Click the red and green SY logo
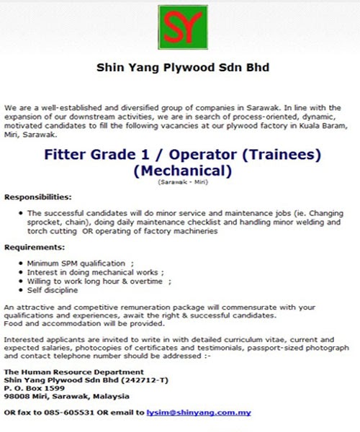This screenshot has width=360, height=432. point(183,27)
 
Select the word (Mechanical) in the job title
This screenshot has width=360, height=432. point(183,171)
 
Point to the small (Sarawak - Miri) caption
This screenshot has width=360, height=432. point(183,183)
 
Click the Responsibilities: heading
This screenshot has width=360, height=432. point(37,197)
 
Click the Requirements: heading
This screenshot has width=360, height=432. point(35,247)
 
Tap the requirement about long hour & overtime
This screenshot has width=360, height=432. point(98,281)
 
